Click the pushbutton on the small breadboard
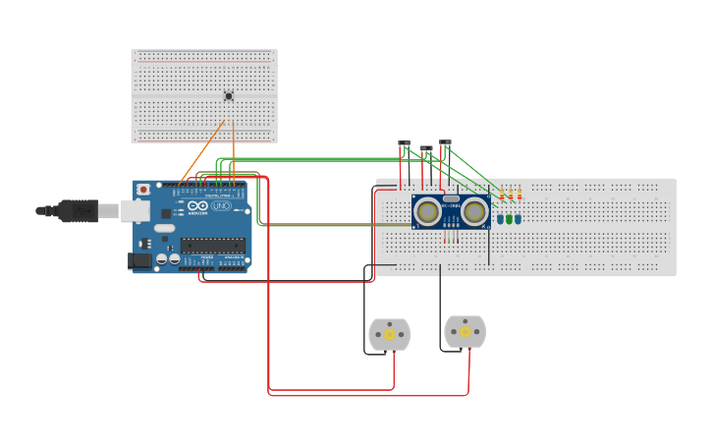229,95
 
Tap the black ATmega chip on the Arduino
211,246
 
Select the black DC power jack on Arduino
140,260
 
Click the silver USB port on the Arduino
136,209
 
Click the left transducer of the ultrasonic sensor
427,211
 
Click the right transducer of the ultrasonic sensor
475,211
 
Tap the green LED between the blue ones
510,219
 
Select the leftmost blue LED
500,219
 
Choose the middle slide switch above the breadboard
425,149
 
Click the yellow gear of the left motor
390,334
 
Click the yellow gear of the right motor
465,332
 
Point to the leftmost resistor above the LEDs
502,195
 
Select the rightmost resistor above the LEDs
520,195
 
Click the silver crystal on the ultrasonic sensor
451,198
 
